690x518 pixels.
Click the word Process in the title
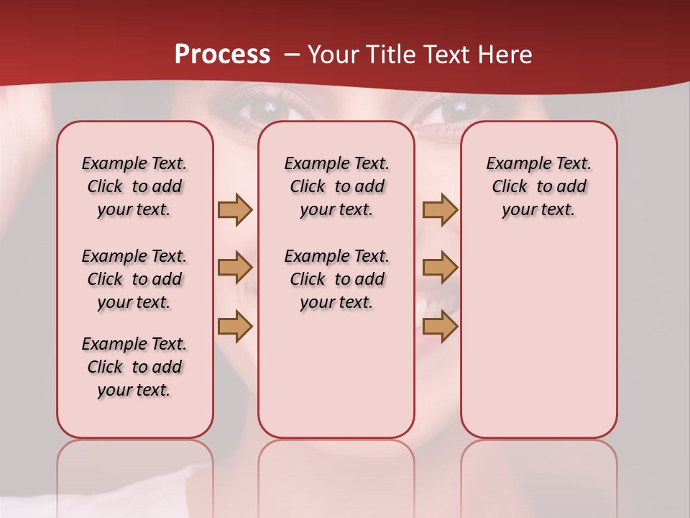pyautogui.click(x=222, y=55)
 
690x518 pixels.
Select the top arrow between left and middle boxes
pyautogui.click(x=235, y=209)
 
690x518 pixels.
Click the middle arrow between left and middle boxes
pyautogui.click(x=235, y=268)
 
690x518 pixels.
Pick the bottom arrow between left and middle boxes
pyautogui.click(x=235, y=327)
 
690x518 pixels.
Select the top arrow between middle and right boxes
pyautogui.click(x=440, y=209)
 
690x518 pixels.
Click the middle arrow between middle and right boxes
pyautogui.click(x=440, y=268)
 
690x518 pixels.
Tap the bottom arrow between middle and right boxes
pyautogui.click(x=440, y=327)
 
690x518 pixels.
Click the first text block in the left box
pyautogui.click(x=134, y=186)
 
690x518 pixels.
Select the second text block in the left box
pyautogui.click(x=134, y=279)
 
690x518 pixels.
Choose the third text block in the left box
pyautogui.click(x=134, y=367)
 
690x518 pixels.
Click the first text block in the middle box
pyautogui.click(x=336, y=186)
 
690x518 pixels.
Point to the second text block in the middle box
pyautogui.click(x=336, y=279)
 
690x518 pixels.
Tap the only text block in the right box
pyautogui.click(x=538, y=186)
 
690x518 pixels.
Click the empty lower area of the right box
pyautogui.click(x=538, y=345)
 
